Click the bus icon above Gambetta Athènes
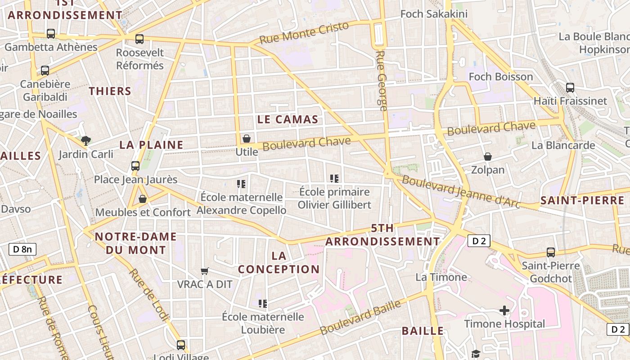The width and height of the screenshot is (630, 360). (x=51, y=34)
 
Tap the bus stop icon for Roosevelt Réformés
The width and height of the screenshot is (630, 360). (x=139, y=39)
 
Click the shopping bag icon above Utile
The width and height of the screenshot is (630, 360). (x=247, y=139)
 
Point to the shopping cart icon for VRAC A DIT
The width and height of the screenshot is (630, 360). (x=205, y=271)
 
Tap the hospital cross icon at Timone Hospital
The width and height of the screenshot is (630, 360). (x=504, y=310)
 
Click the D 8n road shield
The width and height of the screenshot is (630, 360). (x=22, y=249)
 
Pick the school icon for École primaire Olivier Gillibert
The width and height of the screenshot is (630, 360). (x=334, y=179)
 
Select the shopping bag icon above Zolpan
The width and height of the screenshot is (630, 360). (x=488, y=157)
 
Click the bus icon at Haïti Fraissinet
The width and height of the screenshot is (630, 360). (x=570, y=88)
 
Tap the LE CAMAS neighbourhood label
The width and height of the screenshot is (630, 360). (x=288, y=120)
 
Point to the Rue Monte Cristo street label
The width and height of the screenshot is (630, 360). (x=304, y=33)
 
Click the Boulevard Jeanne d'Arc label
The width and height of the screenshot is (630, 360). (x=461, y=192)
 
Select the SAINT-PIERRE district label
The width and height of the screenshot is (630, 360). (x=582, y=201)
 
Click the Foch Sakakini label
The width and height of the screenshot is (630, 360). (x=434, y=14)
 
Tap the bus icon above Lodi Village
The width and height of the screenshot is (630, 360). (x=181, y=345)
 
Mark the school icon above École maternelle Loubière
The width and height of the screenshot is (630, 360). (x=263, y=304)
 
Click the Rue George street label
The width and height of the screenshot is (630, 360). (x=382, y=81)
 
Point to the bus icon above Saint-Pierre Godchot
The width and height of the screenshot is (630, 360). (x=551, y=252)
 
